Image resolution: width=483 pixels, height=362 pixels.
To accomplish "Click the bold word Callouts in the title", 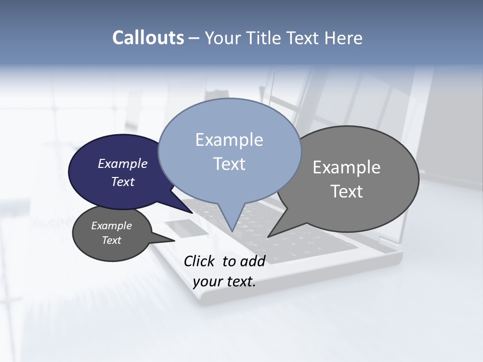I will (x=148, y=38).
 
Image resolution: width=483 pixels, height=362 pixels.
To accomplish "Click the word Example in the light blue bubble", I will (x=229, y=140).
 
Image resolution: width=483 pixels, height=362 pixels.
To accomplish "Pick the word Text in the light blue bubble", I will (x=229, y=164).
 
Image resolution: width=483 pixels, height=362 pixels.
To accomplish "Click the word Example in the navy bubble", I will (x=122, y=163).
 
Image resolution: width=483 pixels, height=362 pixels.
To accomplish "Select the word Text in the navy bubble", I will (x=122, y=182).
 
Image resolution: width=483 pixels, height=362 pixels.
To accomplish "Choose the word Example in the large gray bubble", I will (x=347, y=167).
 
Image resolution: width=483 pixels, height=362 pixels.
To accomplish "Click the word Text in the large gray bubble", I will (x=347, y=191).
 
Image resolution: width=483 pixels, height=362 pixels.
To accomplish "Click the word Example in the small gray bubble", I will (x=111, y=226).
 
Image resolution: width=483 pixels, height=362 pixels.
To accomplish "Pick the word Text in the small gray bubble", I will (x=111, y=240).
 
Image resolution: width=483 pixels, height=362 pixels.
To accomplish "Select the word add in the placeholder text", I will (x=253, y=261).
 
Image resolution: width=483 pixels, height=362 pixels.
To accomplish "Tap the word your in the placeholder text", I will (x=207, y=282).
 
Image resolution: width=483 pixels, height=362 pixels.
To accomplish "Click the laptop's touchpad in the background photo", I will (x=188, y=228).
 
